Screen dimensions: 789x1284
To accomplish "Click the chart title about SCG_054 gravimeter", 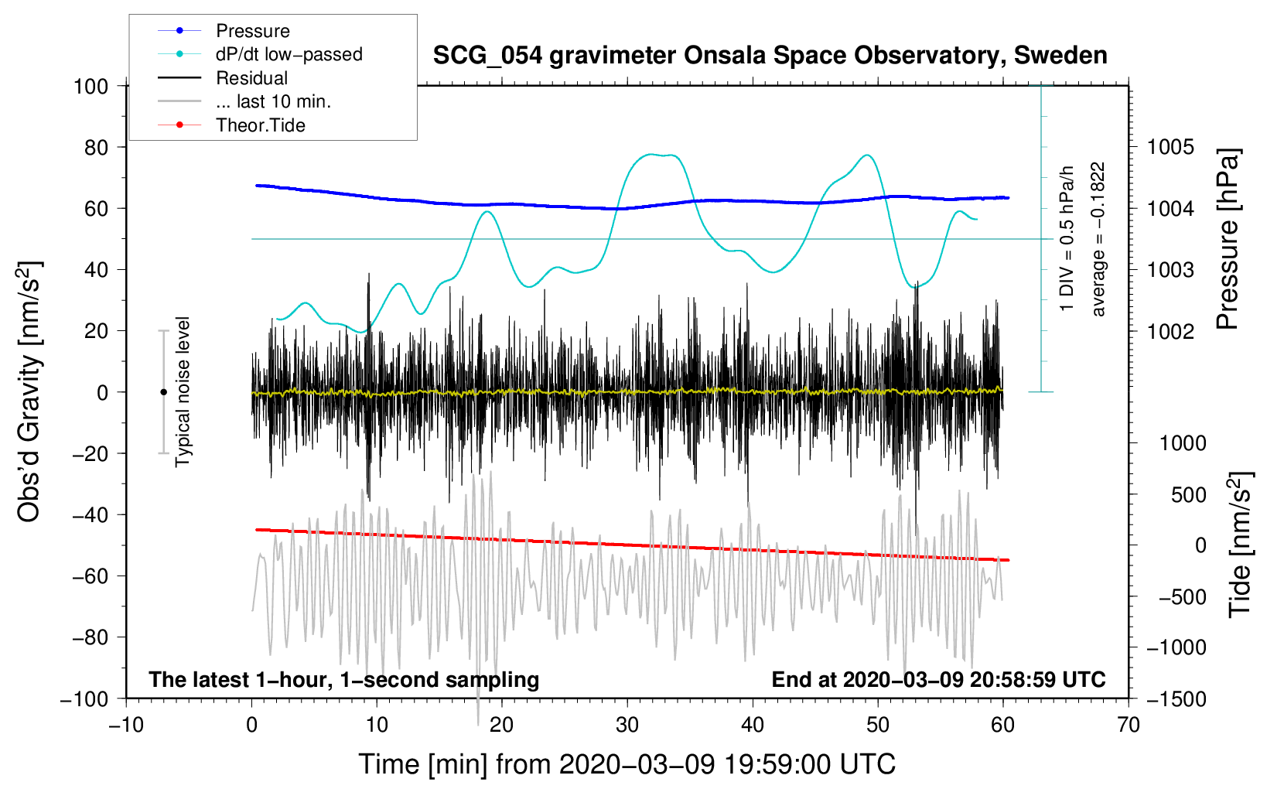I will click(770, 56).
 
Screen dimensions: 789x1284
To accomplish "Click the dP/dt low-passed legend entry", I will click(289, 54).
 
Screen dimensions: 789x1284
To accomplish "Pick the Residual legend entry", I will click(251, 78).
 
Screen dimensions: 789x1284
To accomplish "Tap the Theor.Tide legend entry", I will click(260, 125).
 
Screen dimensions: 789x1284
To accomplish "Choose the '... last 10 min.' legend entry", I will click(273, 101).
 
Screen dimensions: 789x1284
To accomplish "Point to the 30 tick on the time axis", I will click(627, 725).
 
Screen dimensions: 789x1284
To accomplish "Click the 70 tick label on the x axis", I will click(1129, 725).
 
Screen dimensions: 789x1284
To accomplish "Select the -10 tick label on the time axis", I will click(126, 725).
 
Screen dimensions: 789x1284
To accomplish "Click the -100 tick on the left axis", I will click(84, 698).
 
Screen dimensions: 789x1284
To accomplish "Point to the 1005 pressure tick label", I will click(1170, 147).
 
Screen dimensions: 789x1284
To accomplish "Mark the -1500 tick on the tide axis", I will click(1176, 698).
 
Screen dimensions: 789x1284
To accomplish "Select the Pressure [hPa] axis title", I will click(1228, 240).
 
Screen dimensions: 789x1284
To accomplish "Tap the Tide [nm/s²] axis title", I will click(1240, 545).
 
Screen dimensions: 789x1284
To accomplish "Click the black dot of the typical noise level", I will click(163, 392).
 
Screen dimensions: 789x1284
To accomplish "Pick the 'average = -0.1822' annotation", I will click(1098, 239).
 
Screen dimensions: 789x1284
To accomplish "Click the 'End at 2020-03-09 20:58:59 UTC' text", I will click(938, 679).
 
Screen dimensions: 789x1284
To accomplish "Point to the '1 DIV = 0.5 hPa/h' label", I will click(1067, 239).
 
